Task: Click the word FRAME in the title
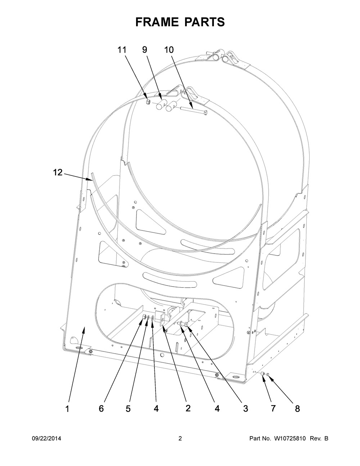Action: (x=157, y=22)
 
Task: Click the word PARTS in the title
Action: (x=204, y=22)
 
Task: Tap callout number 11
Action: (x=122, y=50)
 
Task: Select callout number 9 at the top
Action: (x=145, y=50)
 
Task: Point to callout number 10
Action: (x=169, y=50)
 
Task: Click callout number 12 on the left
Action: (x=58, y=173)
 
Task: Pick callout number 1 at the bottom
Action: (x=67, y=409)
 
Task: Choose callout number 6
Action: (x=101, y=409)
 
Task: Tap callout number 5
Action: (x=128, y=409)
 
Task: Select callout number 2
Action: (x=188, y=408)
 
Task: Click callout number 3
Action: (x=245, y=409)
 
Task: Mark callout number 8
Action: (x=297, y=409)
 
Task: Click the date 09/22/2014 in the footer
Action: (x=46, y=439)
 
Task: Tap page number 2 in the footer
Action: (x=180, y=439)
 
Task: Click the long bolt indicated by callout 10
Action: (x=194, y=111)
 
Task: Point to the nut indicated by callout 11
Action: (x=148, y=103)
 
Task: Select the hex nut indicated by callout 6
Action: (x=143, y=317)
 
